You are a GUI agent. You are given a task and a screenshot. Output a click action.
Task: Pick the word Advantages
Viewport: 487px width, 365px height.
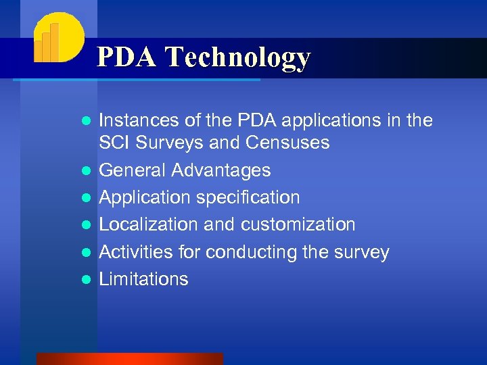click(x=221, y=170)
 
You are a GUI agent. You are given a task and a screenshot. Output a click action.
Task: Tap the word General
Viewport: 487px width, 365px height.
click(x=133, y=170)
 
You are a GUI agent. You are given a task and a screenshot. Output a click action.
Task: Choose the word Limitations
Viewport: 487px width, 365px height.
click(x=143, y=279)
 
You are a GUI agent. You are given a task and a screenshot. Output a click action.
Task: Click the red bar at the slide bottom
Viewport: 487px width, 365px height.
click(x=129, y=359)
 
